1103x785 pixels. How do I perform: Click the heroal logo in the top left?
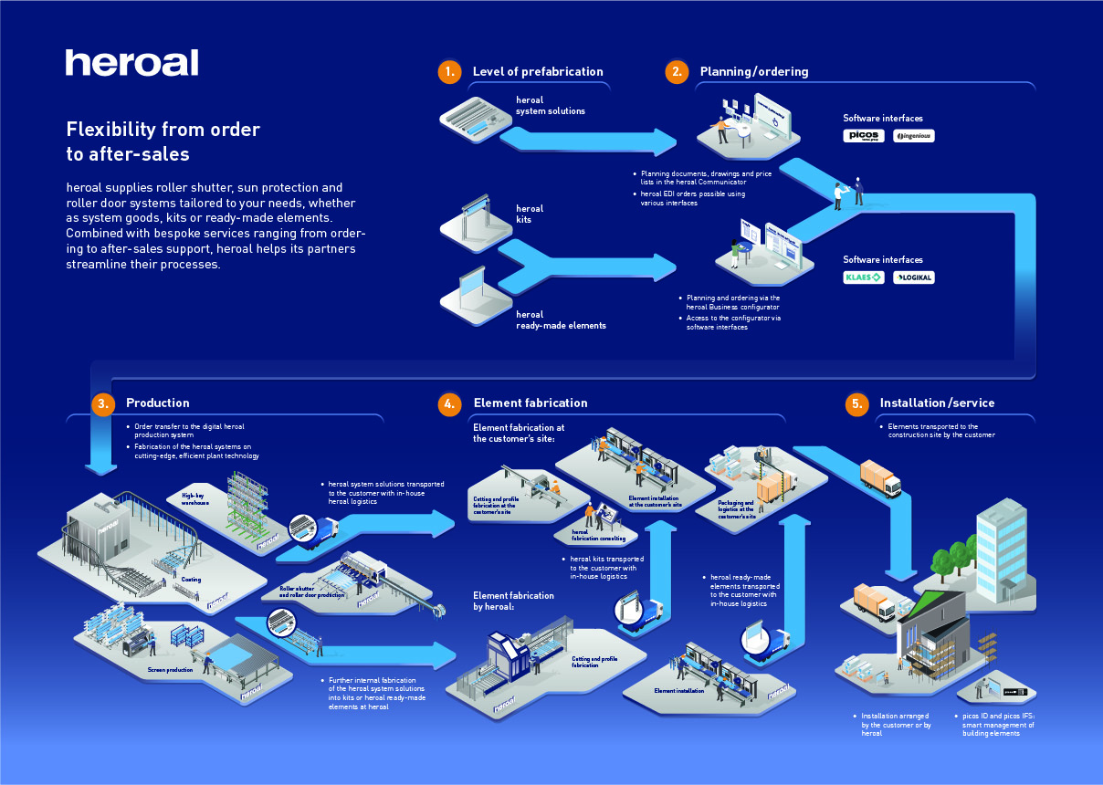point(131,63)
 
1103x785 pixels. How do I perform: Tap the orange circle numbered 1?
point(448,72)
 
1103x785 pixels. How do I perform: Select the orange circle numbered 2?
point(676,72)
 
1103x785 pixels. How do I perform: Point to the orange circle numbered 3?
point(103,403)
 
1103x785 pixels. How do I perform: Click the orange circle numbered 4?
point(448,403)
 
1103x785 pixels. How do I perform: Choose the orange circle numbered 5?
point(856,403)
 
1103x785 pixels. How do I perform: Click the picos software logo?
point(863,136)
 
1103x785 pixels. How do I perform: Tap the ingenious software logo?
point(913,136)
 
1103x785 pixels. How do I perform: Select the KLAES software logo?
point(863,277)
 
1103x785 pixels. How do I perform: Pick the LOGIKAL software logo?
point(913,277)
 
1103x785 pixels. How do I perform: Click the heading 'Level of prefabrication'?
point(538,72)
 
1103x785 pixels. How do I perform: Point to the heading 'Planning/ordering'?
point(754,72)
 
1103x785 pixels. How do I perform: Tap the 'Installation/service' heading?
point(937,403)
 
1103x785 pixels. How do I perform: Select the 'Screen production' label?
point(170,670)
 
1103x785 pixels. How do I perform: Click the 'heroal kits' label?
point(530,215)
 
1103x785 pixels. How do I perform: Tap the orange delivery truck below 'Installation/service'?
point(880,477)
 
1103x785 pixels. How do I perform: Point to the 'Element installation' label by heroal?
point(678,691)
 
